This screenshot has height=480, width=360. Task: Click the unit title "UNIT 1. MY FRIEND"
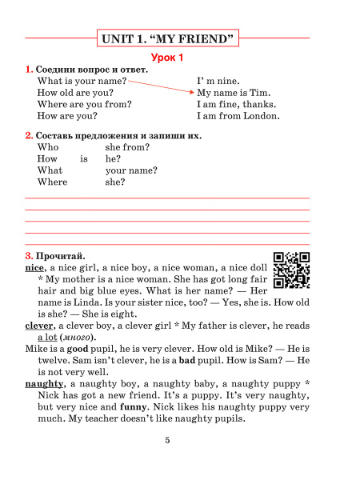pos(168,38)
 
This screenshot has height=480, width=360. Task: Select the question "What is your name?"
pos(82,81)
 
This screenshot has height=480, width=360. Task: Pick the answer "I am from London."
pos(238,116)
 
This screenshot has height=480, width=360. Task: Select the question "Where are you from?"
pos(84,104)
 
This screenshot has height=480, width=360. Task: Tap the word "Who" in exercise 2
pos(48,147)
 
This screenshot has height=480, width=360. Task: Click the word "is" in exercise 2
pos(84,159)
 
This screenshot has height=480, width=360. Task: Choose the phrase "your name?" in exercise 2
pos(131,170)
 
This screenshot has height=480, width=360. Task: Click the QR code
pos(291,269)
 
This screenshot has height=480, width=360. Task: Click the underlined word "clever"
pos(38,326)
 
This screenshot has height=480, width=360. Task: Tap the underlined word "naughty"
pos(44,384)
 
